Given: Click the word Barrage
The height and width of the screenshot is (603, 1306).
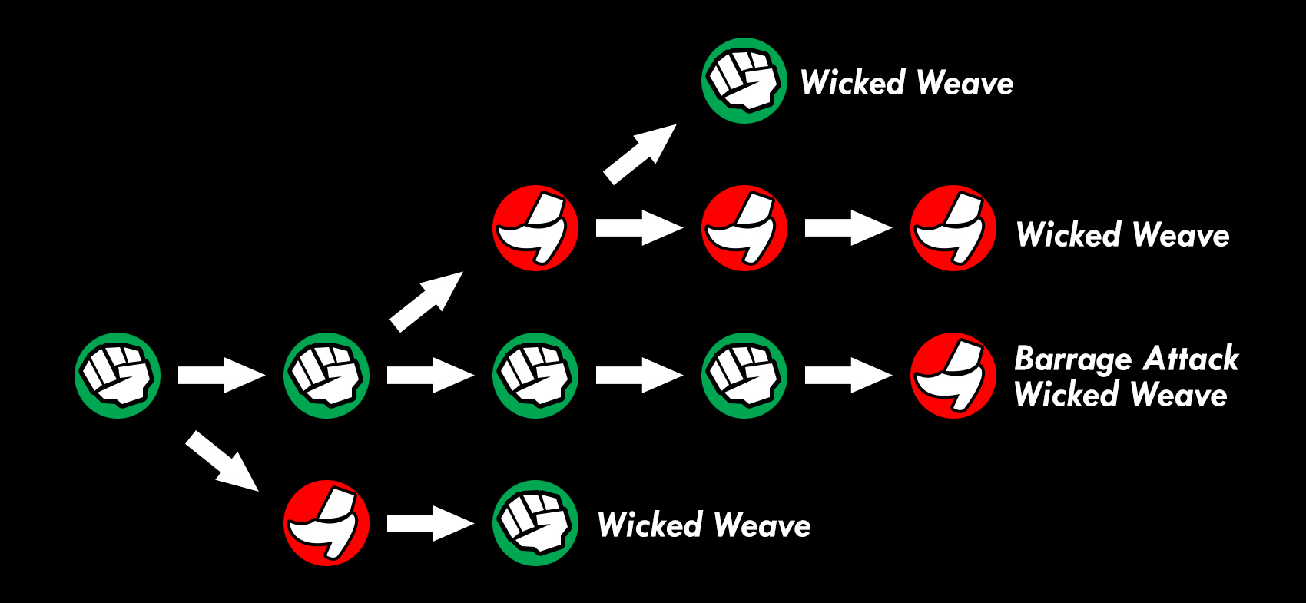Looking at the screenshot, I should click(x=1073, y=359).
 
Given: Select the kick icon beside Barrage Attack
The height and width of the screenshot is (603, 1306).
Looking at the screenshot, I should click(x=953, y=376).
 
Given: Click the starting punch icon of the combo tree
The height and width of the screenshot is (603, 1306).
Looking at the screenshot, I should click(x=118, y=376).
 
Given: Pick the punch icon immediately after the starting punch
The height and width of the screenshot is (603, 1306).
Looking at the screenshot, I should click(x=326, y=376).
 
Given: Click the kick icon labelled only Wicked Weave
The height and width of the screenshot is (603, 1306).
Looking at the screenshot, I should click(x=953, y=228).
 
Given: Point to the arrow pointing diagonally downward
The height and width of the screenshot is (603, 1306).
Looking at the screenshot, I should click(x=221, y=461).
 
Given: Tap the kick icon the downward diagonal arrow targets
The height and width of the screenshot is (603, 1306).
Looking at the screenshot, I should click(x=326, y=523).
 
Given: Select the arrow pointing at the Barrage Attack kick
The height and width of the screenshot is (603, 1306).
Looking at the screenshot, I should click(x=848, y=376).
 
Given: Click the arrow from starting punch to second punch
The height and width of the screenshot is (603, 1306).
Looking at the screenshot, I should click(x=221, y=376).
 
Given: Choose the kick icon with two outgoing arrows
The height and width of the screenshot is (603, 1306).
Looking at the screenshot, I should click(x=535, y=228).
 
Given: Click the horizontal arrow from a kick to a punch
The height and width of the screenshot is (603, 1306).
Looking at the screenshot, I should click(x=430, y=523).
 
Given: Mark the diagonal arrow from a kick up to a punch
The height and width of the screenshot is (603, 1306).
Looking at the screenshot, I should click(x=640, y=154).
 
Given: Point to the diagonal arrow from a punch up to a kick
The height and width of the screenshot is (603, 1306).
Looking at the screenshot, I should click(x=426, y=301).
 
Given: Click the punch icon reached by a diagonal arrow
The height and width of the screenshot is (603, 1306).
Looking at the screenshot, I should click(x=744, y=81).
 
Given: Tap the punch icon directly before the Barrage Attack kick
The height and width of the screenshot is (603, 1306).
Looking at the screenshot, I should click(x=744, y=376).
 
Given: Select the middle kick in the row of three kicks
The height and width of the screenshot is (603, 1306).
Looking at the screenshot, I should click(x=744, y=228).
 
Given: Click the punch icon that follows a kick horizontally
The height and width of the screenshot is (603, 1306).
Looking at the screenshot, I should click(x=535, y=523).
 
